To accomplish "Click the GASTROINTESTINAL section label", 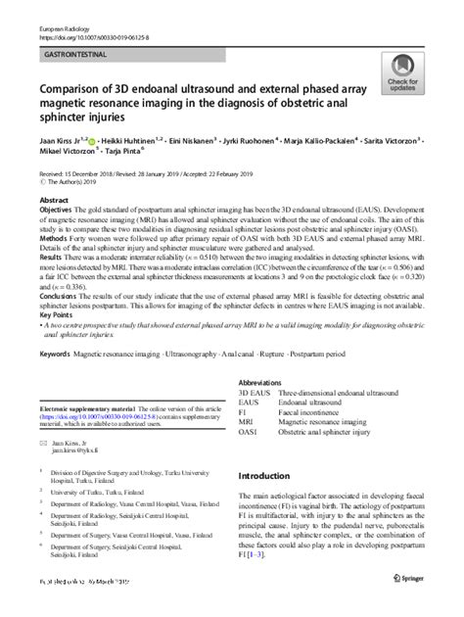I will coord(74,46).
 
